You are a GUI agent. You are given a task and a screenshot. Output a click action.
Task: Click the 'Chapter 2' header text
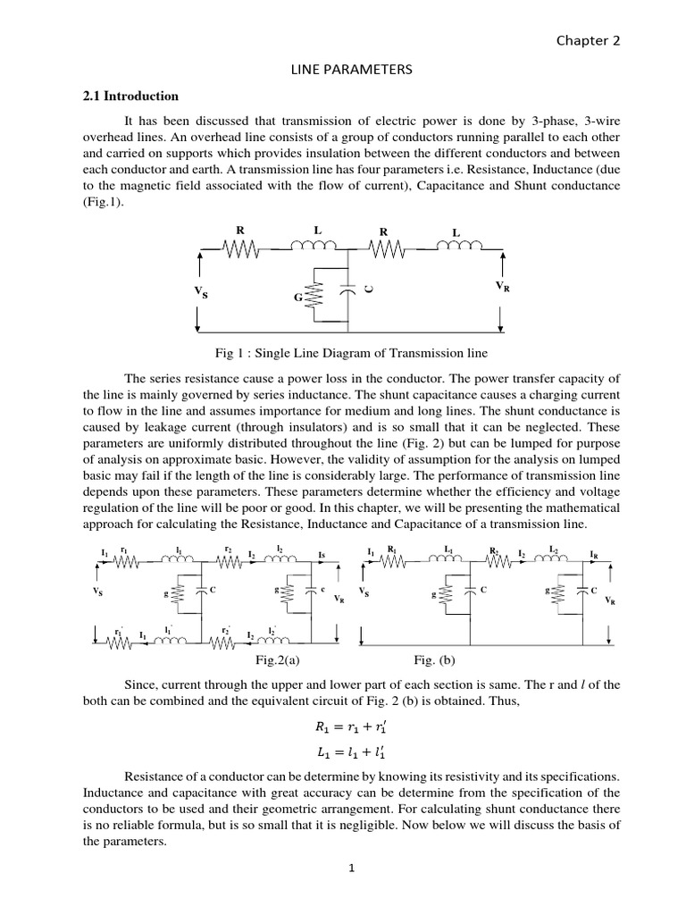(x=588, y=40)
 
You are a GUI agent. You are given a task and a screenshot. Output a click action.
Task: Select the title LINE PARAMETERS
(x=343, y=71)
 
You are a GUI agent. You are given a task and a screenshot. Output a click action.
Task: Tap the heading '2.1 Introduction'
(x=130, y=97)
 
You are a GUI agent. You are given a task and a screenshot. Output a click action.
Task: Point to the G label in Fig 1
(x=299, y=297)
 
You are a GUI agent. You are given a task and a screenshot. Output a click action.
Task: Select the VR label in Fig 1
(x=503, y=286)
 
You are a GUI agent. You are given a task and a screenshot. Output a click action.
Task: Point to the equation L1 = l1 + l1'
(x=343, y=755)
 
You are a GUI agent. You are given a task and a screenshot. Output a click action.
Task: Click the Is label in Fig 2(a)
(x=321, y=555)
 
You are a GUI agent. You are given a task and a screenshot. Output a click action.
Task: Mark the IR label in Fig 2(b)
(x=595, y=554)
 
